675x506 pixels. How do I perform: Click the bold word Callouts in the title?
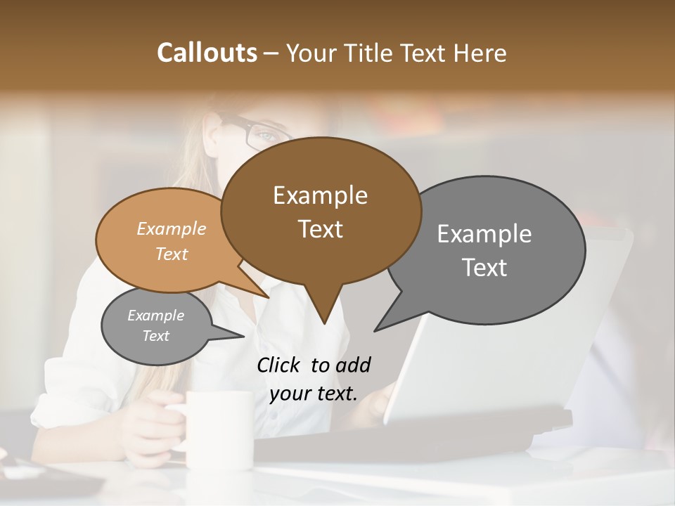(x=207, y=53)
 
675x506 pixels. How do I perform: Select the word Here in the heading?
(x=480, y=53)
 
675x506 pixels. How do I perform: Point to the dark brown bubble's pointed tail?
(x=323, y=313)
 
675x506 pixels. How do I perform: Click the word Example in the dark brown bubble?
(x=320, y=195)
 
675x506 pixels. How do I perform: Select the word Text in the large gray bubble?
(x=484, y=268)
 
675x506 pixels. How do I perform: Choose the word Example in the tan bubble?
(x=172, y=228)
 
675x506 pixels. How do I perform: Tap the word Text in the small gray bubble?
(x=156, y=336)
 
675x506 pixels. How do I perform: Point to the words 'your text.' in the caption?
(x=314, y=394)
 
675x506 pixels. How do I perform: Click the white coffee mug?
(x=219, y=429)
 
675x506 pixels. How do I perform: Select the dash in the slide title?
(x=271, y=53)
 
